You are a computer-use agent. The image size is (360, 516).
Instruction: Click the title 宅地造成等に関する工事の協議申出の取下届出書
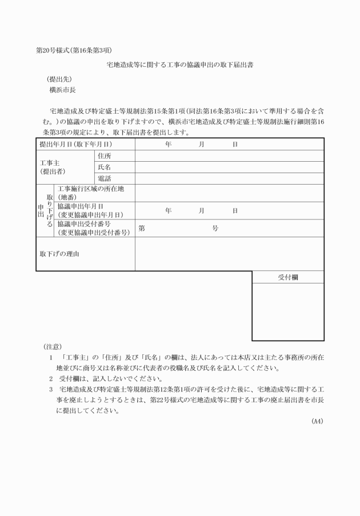[180, 65]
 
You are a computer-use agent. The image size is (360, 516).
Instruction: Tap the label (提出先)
[59, 79]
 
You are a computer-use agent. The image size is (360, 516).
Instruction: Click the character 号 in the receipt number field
[215, 229]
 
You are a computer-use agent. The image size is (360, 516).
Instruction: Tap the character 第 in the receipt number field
[142, 229]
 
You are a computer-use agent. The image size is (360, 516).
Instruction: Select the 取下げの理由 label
[59, 254]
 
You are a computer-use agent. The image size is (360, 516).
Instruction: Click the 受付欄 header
[288, 277]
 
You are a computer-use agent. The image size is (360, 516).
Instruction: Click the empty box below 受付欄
[288, 312]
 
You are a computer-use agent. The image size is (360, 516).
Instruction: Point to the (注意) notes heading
[53, 346]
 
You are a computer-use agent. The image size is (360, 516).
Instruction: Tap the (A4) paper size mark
[317, 422]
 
